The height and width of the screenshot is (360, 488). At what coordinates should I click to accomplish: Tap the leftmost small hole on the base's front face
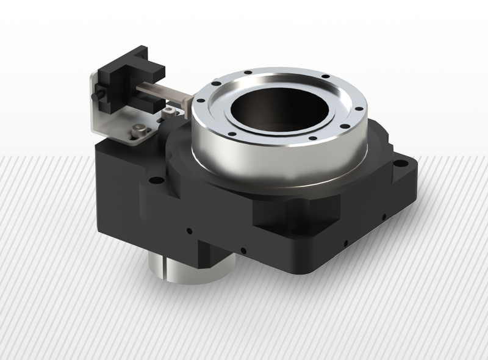point(189,231)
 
